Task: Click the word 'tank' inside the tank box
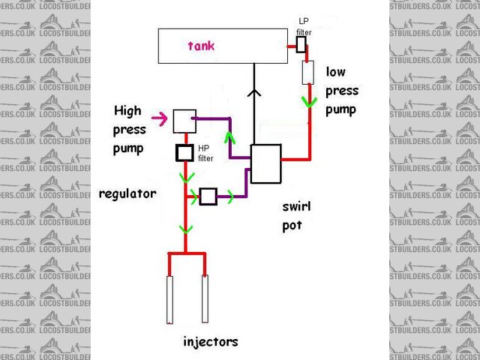[200, 46]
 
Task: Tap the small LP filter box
[301, 46]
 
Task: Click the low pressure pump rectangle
[307, 73]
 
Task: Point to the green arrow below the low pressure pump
[307, 100]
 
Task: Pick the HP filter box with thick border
[184, 153]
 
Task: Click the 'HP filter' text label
[207, 153]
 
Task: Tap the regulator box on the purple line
[208, 197]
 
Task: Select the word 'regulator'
[127, 193]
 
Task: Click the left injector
[170, 300]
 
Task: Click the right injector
[204, 300]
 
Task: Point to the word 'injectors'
[211, 342]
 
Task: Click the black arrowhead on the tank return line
[255, 94]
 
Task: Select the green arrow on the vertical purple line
[229, 138]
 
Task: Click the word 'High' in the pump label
[127, 111]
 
